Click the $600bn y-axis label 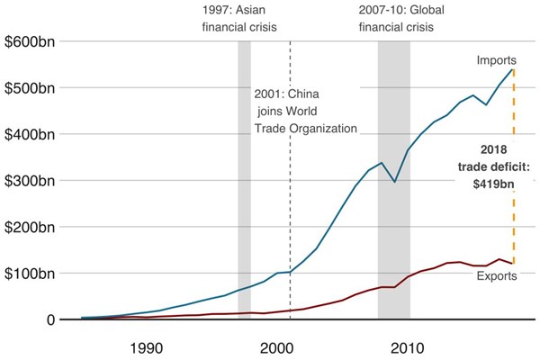[31, 42]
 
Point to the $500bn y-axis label [31, 88]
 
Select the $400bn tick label [31, 134]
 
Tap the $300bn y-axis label [31, 180]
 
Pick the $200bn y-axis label [31, 227]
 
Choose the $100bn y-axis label [31, 273]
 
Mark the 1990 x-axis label [146, 347]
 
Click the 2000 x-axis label [276, 347]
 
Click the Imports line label [496, 60]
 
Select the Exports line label [496, 275]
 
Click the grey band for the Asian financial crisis [244, 180]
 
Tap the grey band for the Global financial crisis [393, 180]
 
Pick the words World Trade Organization [305, 120]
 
